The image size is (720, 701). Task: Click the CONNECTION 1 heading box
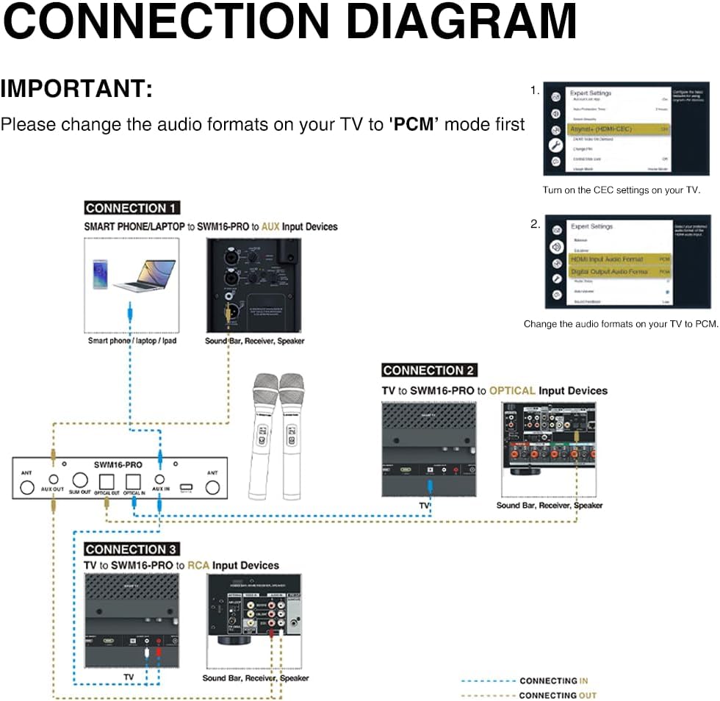click(x=132, y=208)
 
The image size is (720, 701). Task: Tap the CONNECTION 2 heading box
click(x=429, y=370)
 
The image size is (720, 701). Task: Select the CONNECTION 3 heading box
click(x=132, y=549)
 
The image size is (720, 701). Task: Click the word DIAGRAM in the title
click(x=461, y=21)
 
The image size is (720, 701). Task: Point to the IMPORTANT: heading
click(x=76, y=89)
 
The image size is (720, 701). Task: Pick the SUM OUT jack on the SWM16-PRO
click(x=80, y=479)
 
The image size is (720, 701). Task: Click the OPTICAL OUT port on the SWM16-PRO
click(x=107, y=479)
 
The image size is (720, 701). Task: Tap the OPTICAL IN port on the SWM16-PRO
click(x=133, y=479)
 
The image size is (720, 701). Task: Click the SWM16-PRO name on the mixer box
click(x=118, y=464)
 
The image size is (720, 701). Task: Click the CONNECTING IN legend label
click(x=554, y=681)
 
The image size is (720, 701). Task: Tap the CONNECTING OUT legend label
click(x=558, y=695)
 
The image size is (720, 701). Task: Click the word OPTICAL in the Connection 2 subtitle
click(x=512, y=391)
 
